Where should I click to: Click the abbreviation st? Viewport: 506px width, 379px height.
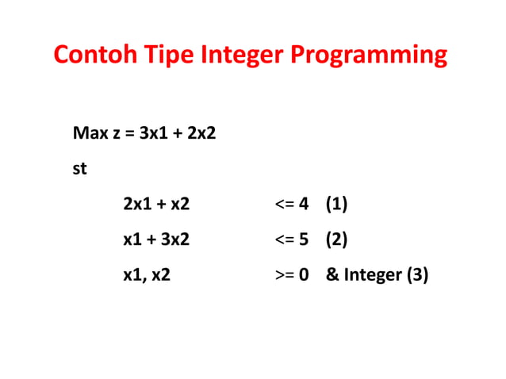pos(79,168)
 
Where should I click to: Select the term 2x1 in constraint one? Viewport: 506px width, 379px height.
pos(136,205)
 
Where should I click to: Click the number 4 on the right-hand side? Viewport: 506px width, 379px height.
pos(303,205)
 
